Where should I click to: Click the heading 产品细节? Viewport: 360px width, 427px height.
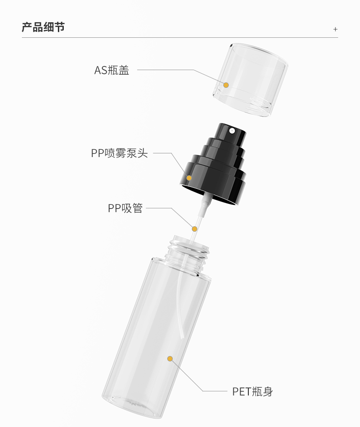43,27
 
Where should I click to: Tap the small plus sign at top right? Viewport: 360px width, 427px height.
335,29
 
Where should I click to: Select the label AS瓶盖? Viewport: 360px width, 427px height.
112,70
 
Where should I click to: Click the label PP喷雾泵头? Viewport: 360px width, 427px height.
119,153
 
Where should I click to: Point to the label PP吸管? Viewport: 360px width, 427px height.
125,208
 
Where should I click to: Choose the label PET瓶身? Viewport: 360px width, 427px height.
252,391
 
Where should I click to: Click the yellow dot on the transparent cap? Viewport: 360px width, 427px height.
226,85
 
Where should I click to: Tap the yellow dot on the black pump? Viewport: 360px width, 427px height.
189,178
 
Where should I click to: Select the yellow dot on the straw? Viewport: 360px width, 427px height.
194,229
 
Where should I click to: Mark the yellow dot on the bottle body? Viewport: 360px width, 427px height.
170,359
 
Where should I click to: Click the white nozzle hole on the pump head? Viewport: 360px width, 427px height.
232,131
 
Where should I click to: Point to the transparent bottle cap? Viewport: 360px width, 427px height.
250,80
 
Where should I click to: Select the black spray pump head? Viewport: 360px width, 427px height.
213,163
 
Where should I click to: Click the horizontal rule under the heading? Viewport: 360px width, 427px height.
180,38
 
